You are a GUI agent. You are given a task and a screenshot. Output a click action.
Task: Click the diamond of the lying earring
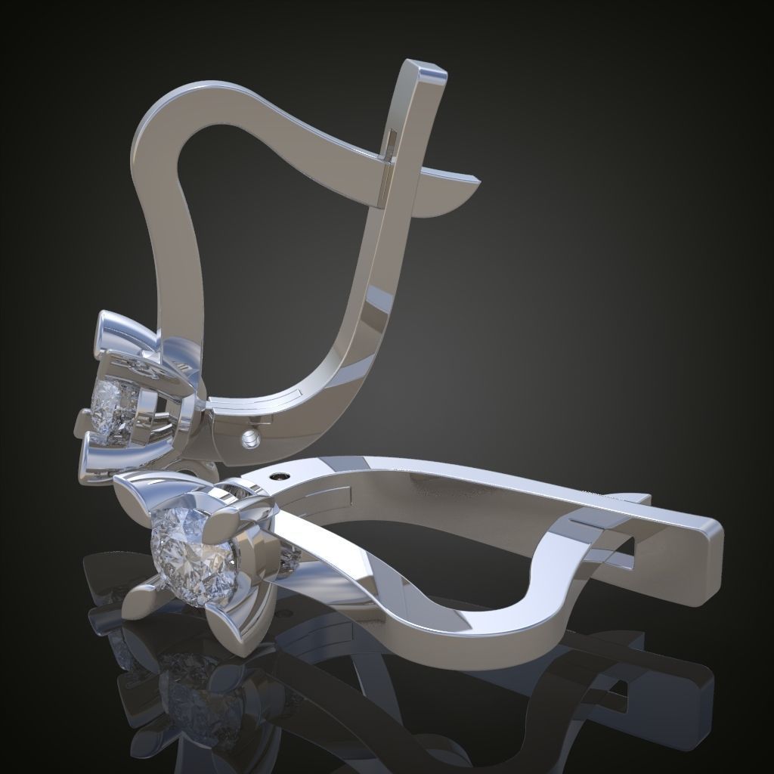click(x=193, y=550)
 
